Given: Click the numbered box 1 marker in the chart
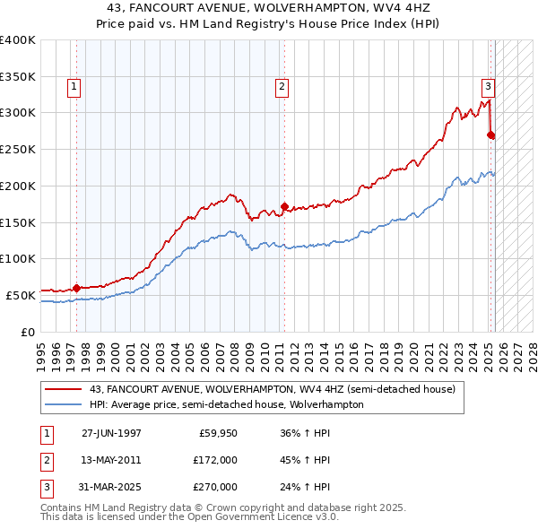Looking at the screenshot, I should point(73,87).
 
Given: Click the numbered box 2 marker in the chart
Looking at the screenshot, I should point(282,87).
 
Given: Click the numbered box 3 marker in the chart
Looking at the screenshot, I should point(488,87).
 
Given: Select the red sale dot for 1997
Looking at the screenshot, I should point(77,288).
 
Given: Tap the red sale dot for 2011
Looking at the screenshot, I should point(284,206).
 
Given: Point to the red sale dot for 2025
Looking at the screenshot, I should point(490,135).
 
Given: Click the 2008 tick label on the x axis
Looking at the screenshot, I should point(235,349).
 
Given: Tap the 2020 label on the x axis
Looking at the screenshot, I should point(414,349).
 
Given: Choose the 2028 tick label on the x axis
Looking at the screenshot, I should point(534,349).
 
